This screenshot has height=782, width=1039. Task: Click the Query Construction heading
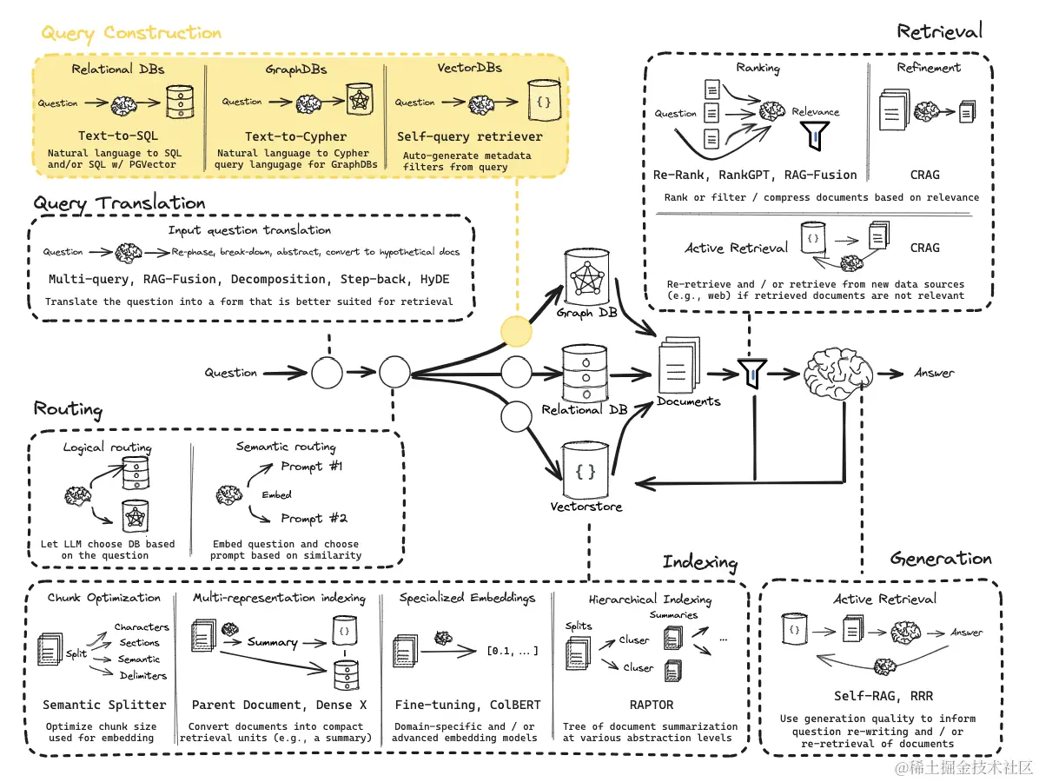click(131, 34)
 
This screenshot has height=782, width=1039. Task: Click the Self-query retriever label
click(469, 136)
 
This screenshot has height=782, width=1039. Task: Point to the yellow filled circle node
click(515, 330)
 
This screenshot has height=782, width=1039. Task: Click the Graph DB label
click(586, 312)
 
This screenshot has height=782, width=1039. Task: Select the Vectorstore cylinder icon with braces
click(586, 471)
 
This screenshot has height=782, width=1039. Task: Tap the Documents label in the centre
click(688, 401)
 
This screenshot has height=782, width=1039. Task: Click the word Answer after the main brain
click(934, 373)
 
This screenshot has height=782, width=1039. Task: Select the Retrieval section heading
click(939, 32)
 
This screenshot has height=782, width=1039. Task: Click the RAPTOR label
click(651, 705)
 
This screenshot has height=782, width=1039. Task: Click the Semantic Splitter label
click(104, 705)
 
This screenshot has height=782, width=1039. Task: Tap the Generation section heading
click(940, 559)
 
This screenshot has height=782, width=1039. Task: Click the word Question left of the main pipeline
click(230, 373)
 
